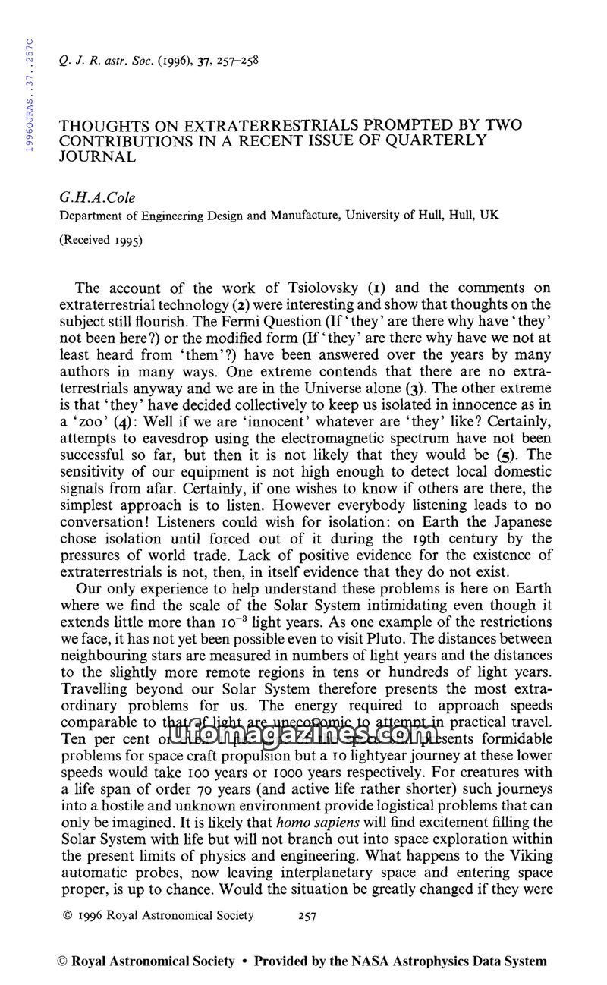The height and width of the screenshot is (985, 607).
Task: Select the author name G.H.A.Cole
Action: point(96,197)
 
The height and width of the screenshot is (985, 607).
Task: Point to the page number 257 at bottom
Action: point(306,916)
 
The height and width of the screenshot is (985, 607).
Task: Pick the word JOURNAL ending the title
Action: point(98,156)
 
